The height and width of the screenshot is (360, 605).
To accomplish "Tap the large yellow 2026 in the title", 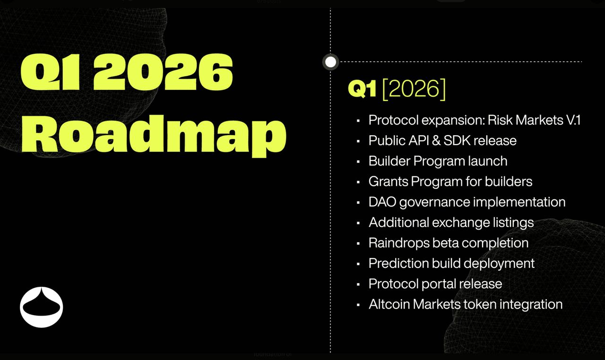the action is [163, 72].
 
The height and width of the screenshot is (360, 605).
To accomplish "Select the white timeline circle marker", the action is [330, 62].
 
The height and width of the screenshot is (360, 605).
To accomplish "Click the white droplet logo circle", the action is [41, 307].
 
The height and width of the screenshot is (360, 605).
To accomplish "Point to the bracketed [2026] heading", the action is [414, 89].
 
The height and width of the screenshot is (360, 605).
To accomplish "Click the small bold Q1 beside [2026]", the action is [362, 88].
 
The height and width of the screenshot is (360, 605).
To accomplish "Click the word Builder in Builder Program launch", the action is [389, 161].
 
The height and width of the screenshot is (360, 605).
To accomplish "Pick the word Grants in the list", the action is [389, 181].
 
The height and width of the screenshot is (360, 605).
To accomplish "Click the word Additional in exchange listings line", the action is [398, 223].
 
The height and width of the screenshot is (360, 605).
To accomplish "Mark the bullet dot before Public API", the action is [358, 141].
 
